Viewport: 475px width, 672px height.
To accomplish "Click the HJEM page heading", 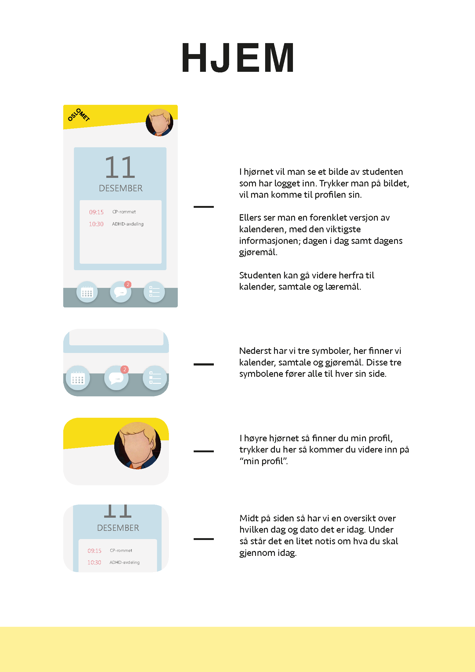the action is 238,58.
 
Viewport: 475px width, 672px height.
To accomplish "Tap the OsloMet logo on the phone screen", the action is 79,115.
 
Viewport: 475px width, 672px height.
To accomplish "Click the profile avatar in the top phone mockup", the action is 159,123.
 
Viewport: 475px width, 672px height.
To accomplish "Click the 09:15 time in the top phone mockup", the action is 96,212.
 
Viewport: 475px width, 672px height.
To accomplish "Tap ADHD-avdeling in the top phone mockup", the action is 128,224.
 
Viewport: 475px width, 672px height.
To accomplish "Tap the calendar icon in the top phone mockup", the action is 87,292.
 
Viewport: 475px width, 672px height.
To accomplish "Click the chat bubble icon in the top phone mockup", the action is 121,292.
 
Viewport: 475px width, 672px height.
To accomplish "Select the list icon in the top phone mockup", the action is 154,292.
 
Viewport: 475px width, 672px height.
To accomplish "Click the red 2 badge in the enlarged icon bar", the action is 125,369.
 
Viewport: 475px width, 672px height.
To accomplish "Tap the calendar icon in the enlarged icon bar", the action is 78,378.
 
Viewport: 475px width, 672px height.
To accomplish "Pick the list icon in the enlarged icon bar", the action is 155,378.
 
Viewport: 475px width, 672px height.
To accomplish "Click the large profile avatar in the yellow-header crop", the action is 137,446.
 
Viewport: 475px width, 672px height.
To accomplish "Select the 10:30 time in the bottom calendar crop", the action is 94,563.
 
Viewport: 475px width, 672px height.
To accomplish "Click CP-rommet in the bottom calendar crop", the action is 121,550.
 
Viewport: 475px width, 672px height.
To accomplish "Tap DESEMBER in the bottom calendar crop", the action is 118,528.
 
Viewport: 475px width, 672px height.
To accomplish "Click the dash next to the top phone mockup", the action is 204,207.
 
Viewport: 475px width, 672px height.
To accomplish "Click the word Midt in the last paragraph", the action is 249,518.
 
